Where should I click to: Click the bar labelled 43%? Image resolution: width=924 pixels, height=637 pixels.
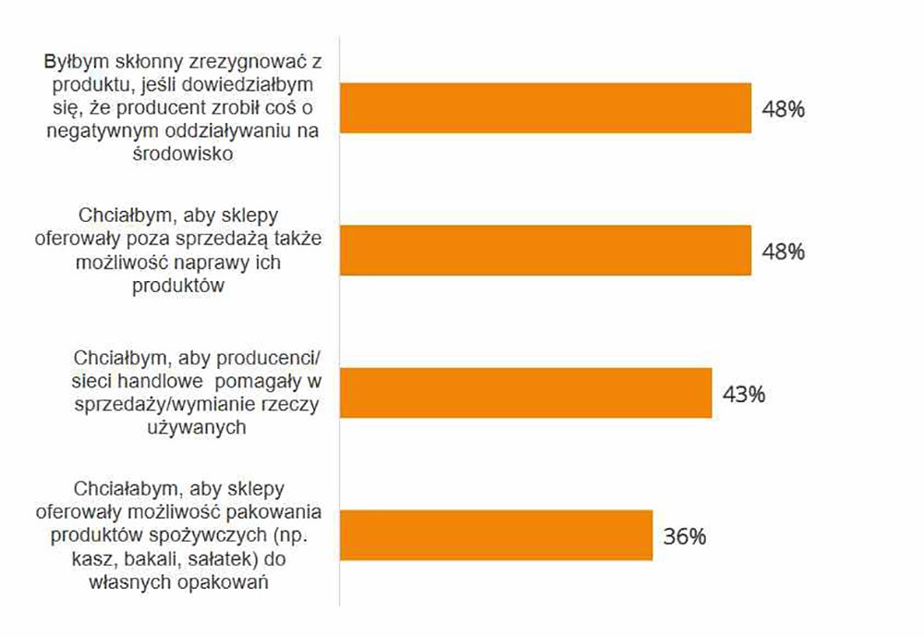526,393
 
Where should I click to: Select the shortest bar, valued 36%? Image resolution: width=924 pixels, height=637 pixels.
496,534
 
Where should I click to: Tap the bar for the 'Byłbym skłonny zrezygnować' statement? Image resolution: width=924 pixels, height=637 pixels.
545,108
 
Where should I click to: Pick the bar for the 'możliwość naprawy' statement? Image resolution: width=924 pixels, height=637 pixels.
545,251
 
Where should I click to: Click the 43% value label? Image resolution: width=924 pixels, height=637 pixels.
745,394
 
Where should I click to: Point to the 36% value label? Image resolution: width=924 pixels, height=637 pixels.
685,535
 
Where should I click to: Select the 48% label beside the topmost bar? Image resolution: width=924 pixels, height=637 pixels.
784,109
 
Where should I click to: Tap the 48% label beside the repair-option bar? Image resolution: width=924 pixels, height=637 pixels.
784,251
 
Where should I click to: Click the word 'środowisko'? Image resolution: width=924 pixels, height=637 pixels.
185,154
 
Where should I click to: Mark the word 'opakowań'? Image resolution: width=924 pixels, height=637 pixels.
229,582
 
